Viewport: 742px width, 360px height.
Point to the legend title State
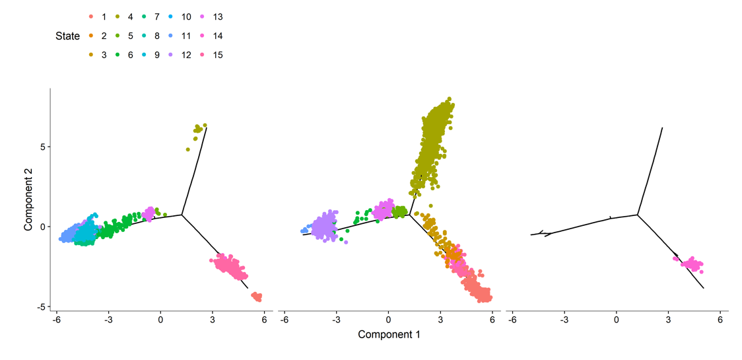(x=67, y=36)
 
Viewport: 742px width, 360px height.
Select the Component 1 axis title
(x=389, y=334)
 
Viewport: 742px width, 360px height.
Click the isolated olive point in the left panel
(x=188, y=149)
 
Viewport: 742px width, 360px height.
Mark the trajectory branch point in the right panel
(x=638, y=215)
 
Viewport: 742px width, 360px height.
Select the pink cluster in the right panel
(x=691, y=264)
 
